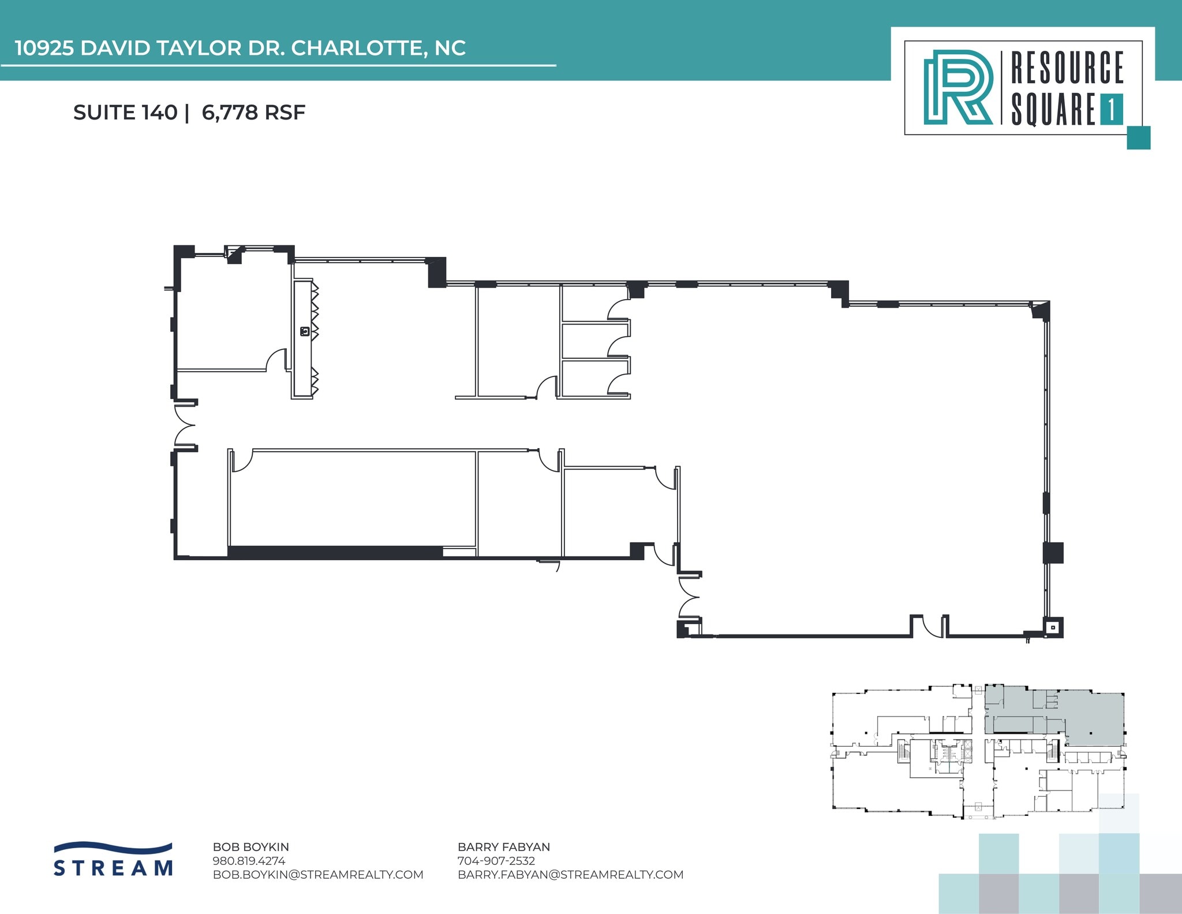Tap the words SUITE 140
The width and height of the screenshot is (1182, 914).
[x=125, y=113]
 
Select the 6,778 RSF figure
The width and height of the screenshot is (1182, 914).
[x=253, y=113]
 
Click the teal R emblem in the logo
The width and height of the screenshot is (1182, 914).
[x=957, y=87]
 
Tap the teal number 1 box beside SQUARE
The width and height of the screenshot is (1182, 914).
[x=1111, y=110]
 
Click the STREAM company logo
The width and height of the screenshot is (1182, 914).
[x=113, y=860]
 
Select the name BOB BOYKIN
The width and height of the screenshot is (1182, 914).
[x=250, y=847]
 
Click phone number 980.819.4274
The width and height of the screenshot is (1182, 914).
[x=249, y=861]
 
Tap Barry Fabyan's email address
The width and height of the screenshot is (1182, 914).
[x=570, y=875]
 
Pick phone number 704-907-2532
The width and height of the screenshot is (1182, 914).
[x=496, y=861]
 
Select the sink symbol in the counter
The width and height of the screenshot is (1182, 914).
[x=305, y=331]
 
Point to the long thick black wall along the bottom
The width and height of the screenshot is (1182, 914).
[x=335, y=553]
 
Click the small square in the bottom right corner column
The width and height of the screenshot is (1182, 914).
[x=1053, y=627]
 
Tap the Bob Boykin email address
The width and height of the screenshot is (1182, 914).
[x=318, y=875]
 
